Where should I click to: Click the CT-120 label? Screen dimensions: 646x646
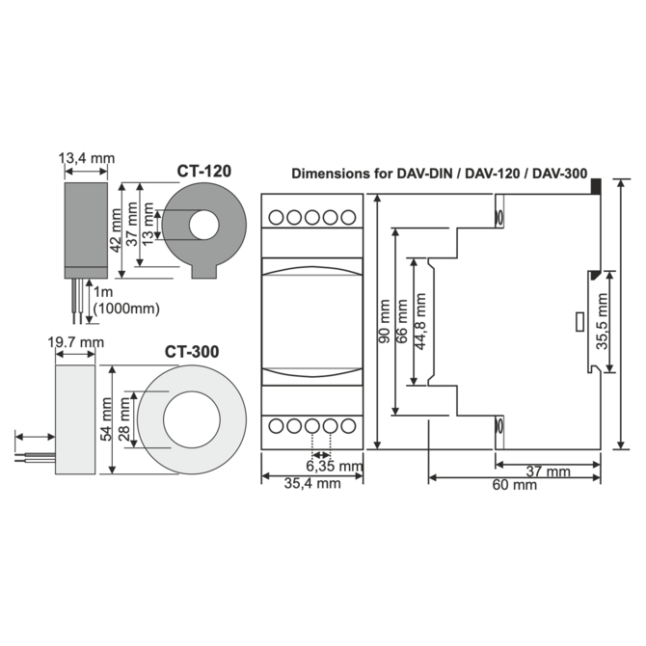pos(203,172)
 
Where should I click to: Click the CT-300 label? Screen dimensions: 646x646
pos(192,352)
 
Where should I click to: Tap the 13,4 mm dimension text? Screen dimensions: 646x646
pos(87,157)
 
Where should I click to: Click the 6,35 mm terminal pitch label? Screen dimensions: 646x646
pos(334,467)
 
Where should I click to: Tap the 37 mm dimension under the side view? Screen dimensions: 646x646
pos(550,471)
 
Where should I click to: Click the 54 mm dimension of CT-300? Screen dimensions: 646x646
pos(106,419)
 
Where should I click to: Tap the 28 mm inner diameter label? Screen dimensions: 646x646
pos(125,419)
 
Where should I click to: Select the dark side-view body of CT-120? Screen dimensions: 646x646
pos(85,224)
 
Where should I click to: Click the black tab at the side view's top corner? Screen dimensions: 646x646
pos(596,184)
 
